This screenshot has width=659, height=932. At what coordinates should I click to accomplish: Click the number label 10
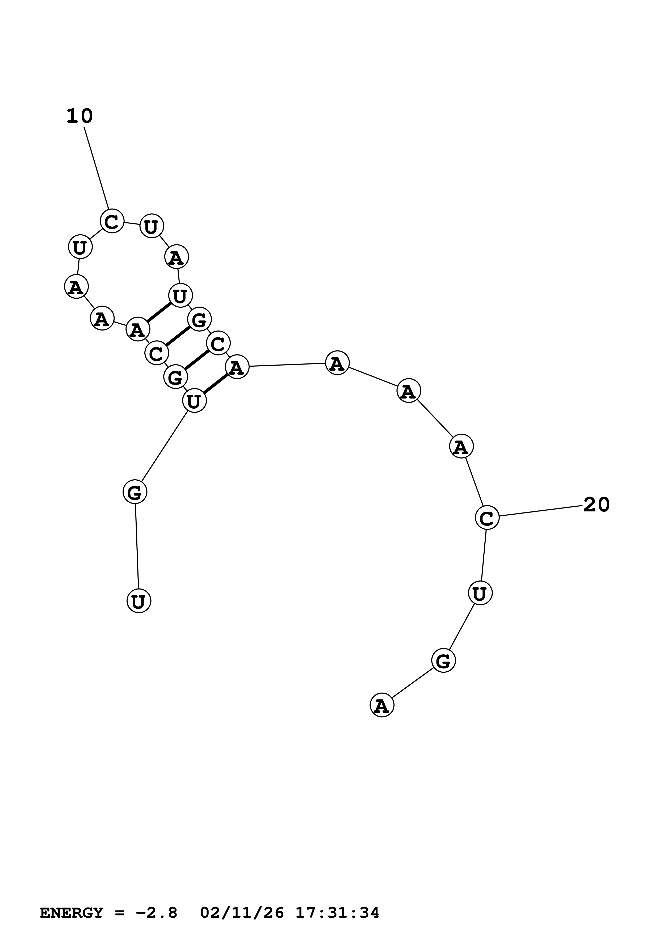[x=79, y=116]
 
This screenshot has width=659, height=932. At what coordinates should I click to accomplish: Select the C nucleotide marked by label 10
[x=112, y=221]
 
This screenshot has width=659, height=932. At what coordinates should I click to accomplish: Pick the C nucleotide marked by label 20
[x=486, y=518]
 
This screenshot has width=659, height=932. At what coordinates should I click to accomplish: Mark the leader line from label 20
[x=540, y=511]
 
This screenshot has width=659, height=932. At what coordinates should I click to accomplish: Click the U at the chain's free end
[x=139, y=601]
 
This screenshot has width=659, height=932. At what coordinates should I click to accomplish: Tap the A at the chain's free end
[x=382, y=705]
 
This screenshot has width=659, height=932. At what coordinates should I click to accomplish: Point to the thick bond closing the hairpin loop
[x=159, y=312]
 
